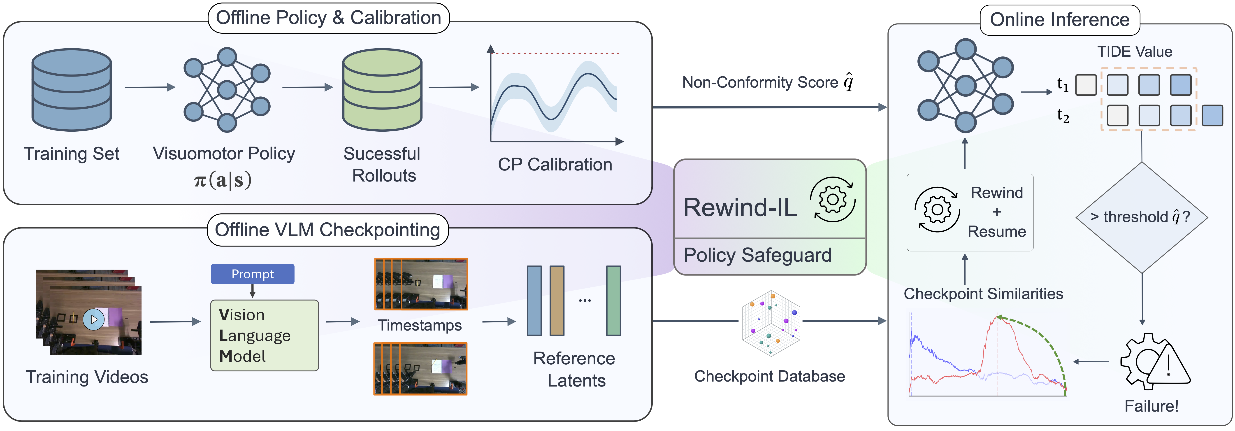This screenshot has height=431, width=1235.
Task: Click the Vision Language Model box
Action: pos(264,335)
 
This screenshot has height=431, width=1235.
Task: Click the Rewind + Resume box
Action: pos(969,212)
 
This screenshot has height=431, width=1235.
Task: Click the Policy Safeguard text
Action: pos(757,255)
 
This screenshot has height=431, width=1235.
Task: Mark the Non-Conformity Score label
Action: pos(767,82)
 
